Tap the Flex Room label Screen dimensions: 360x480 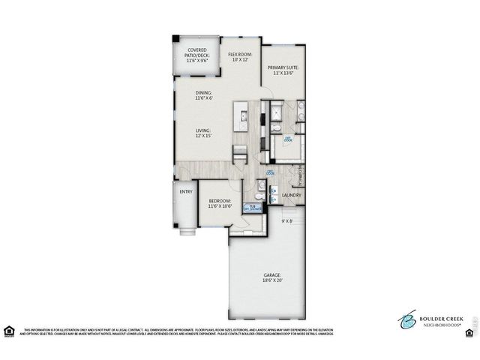tap(240, 58)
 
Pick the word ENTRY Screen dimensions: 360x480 tap(186, 191)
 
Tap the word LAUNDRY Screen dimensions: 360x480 tap(291, 196)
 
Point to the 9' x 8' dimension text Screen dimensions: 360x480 tap(286, 221)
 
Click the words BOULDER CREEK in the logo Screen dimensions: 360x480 tap(436, 317)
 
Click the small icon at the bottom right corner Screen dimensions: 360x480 tap(470, 331)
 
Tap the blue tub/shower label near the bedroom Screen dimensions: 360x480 tap(255, 208)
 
